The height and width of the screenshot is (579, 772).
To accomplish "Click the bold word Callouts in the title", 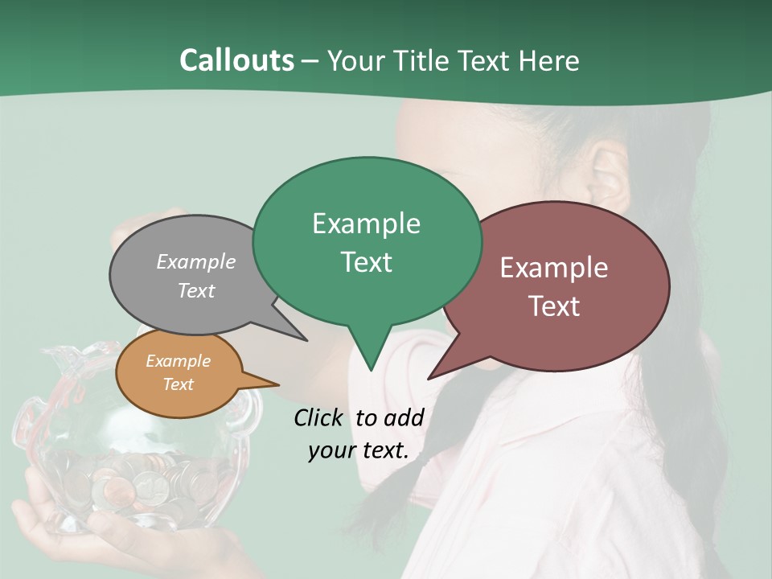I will point(236,60).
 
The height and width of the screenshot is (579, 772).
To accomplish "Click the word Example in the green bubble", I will point(366,224).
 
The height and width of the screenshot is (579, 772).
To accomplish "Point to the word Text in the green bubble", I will point(366,262).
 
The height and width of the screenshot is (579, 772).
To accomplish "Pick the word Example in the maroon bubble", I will point(554,268).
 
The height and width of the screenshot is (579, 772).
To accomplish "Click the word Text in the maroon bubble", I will point(554,306).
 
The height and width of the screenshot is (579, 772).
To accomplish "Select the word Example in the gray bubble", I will point(196,262).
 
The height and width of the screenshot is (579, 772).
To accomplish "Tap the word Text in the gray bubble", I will point(196,291).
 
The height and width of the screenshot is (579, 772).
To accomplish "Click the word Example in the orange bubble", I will point(178,361).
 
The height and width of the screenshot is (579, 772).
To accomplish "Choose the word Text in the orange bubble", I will point(178,384).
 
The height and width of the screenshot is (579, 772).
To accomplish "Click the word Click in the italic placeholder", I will point(320,417).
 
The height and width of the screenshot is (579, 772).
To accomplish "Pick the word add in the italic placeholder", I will point(404,417).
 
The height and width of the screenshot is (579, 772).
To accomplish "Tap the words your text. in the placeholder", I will point(359,450).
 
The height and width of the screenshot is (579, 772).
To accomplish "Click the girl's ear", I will point(609,181).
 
